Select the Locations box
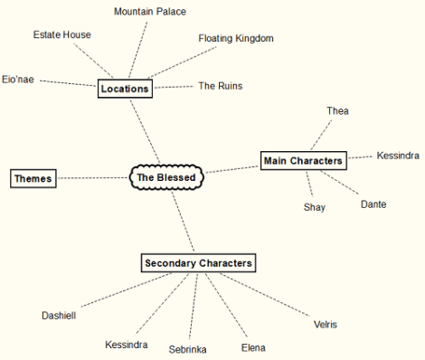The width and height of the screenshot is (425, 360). (x=125, y=89)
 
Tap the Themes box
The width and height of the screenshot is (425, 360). (x=33, y=178)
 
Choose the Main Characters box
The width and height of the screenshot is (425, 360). (x=303, y=160)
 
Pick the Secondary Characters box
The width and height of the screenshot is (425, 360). (x=199, y=263)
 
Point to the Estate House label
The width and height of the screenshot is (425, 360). (x=61, y=34)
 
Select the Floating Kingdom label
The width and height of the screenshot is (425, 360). (x=235, y=38)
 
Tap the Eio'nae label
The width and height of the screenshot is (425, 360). (x=19, y=79)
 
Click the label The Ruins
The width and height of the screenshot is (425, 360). (x=220, y=86)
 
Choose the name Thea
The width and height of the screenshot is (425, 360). (x=337, y=110)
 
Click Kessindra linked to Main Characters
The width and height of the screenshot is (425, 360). (x=398, y=155)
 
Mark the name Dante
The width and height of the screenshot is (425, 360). (x=373, y=204)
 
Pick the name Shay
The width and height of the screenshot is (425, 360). (x=314, y=207)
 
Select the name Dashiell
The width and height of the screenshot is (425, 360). (x=60, y=316)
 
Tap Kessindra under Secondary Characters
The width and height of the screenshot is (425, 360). (x=126, y=345)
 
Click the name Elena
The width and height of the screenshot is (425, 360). (x=253, y=347)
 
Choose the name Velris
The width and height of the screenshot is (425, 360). (x=326, y=324)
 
